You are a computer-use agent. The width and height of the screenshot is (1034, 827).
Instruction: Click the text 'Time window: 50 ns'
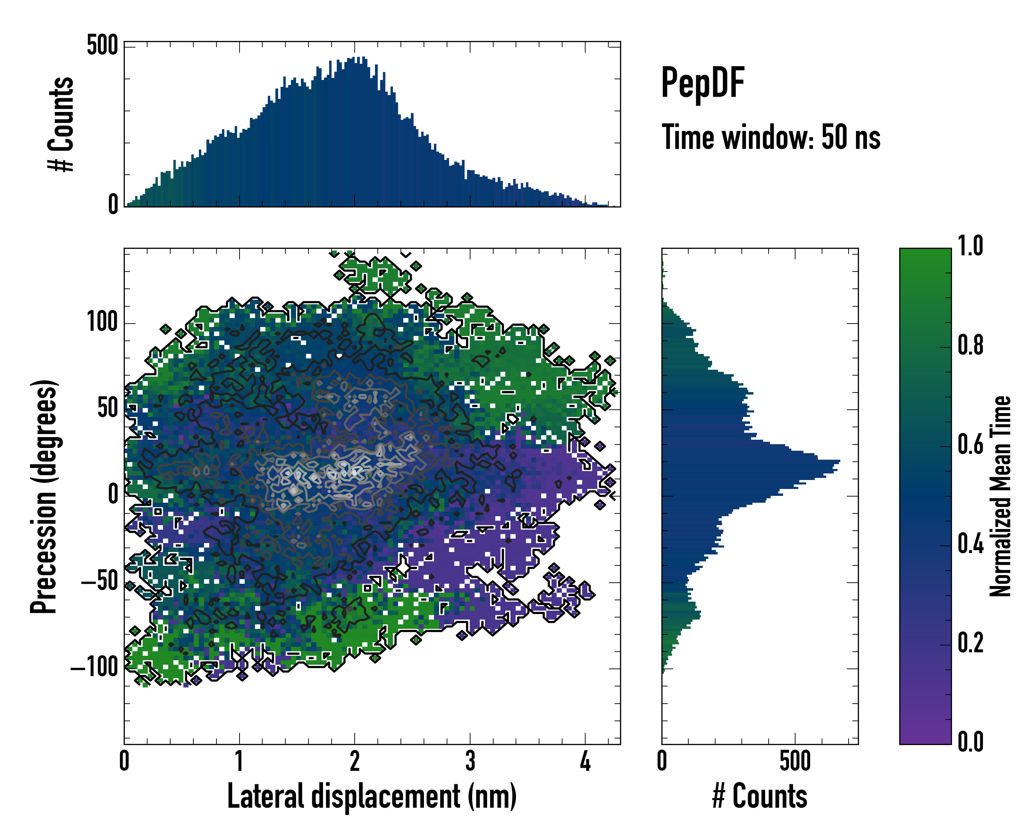point(771,137)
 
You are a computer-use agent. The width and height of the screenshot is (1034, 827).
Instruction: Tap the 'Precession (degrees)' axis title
point(44,496)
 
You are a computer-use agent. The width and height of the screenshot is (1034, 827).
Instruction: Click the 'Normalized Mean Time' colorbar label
point(1000,496)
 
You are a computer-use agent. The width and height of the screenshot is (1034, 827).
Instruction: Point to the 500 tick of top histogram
point(102,46)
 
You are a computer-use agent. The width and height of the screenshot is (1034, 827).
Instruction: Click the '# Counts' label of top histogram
point(61,124)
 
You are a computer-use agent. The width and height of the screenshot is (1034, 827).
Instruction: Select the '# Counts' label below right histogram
point(760,796)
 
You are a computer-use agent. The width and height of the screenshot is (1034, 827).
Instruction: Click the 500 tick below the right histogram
point(795,761)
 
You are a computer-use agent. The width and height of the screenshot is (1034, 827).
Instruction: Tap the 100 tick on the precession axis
point(102,323)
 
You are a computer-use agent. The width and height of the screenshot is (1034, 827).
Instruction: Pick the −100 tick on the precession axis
point(94,668)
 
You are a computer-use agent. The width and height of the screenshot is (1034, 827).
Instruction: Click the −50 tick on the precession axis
point(100,582)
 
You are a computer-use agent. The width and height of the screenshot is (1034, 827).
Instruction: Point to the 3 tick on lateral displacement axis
point(470,761)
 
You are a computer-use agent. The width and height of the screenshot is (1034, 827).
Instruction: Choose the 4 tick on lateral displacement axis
point(585,761)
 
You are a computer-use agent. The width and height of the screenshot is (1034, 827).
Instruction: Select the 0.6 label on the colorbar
point(970,445)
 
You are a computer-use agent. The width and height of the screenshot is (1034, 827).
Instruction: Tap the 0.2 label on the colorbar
point(970,643)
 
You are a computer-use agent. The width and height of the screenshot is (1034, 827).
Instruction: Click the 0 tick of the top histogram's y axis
point(113,205)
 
